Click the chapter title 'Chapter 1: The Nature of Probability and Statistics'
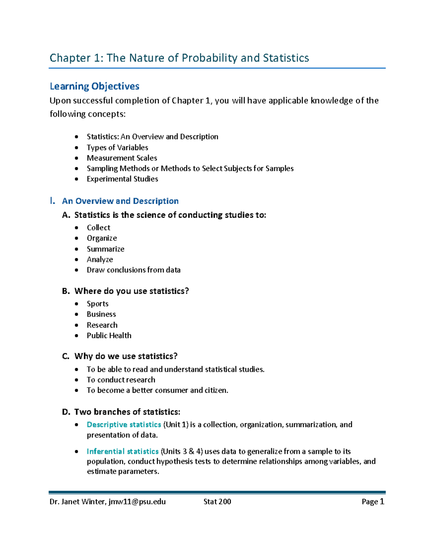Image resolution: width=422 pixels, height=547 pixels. coord(179,58)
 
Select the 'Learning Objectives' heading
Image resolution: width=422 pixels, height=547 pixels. coord(94,86)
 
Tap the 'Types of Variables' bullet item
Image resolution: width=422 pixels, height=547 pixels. coord(117,148)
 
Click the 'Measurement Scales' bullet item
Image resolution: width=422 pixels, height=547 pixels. coord(122,158)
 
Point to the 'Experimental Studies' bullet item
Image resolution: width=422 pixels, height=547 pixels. coord(122,179)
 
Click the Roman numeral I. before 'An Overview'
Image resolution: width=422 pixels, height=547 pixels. coord(52,201)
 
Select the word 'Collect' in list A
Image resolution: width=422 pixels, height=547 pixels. coord(98,228)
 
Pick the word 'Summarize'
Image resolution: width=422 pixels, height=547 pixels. coord(105,249)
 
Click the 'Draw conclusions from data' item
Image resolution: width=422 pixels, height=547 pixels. coord(134,270)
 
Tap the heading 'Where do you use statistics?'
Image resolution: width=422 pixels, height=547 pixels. coord(132,291)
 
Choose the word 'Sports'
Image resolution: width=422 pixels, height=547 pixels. coord(97,304)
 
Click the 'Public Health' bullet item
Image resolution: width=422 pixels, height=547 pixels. coord(109,336)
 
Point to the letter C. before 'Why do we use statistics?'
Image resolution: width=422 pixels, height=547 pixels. coord(66,356)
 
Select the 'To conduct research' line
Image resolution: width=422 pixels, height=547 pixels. coord(121,380)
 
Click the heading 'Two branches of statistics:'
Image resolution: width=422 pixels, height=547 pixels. coord(127,412)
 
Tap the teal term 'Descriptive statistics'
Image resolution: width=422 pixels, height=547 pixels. coord(124,425)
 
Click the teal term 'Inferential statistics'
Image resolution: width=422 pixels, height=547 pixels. coord(123,452)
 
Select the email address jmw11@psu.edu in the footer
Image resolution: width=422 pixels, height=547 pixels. coord(137,502)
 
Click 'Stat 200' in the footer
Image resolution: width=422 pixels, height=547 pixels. coord(217,502)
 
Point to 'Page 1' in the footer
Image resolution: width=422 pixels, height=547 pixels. coord(373,502)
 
